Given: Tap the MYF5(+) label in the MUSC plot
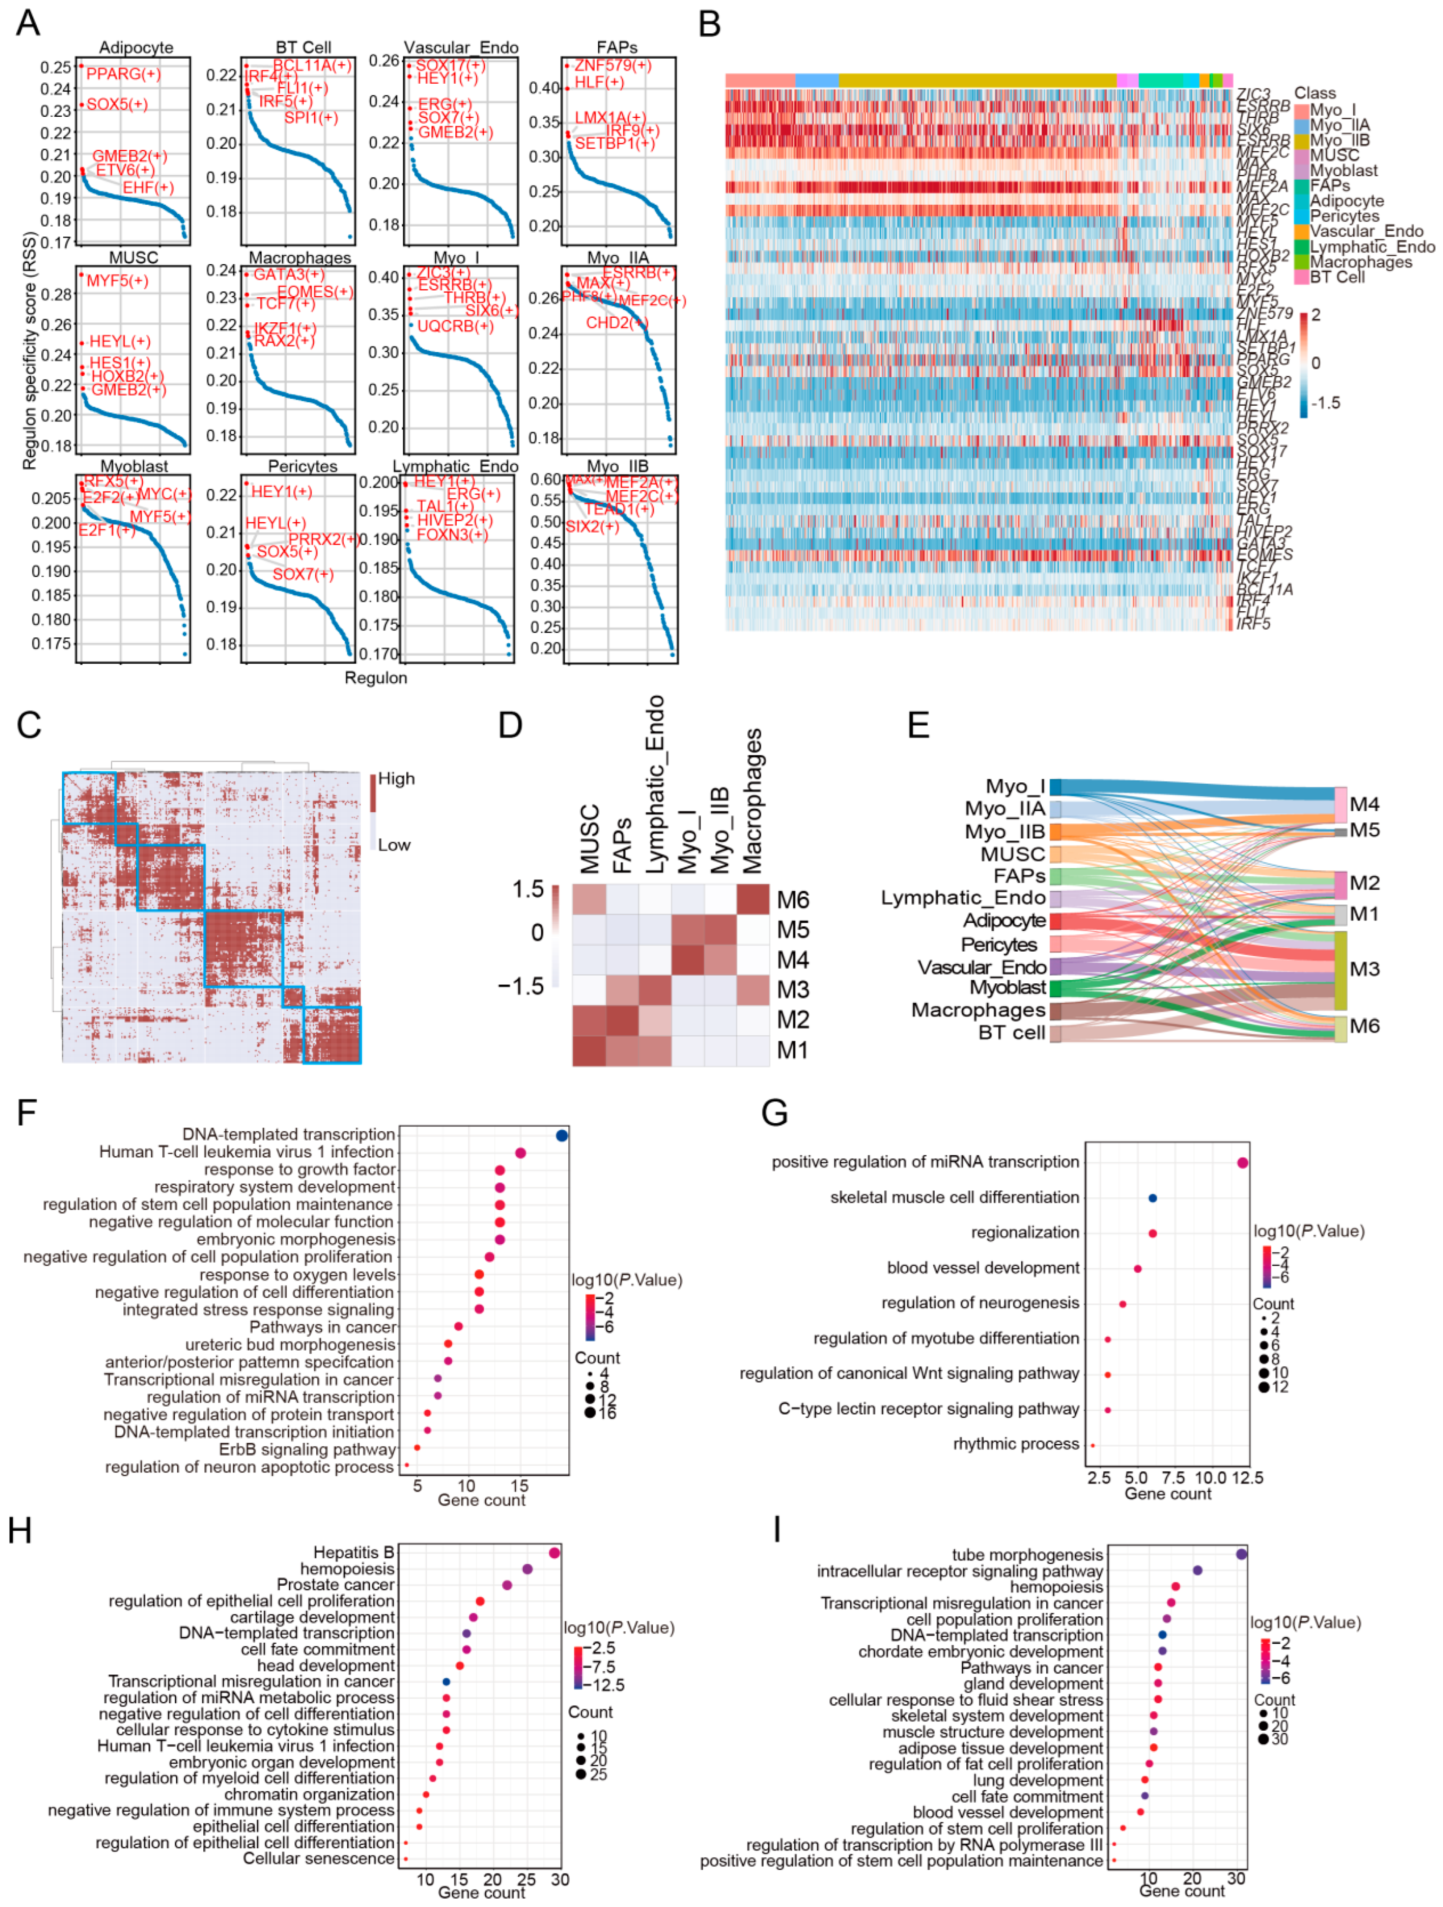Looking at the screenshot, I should click(117, 281).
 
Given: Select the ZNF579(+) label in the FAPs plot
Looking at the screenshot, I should click(613, 66).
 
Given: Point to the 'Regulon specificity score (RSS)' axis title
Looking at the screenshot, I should click(29, 351).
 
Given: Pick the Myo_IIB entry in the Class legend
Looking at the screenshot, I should click(1340, 140).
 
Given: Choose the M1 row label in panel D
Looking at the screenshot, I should click(792, 1050).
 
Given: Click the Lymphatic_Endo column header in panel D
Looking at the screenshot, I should click(655, 785).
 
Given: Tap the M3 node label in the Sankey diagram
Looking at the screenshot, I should click(1364, 969).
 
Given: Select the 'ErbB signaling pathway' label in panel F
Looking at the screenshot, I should click(307, 1449).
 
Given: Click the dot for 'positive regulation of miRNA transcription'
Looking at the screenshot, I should click(1242, 1163).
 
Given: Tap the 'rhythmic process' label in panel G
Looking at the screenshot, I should click(1016, 1444).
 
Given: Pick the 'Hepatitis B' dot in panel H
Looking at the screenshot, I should click(554, 1553).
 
